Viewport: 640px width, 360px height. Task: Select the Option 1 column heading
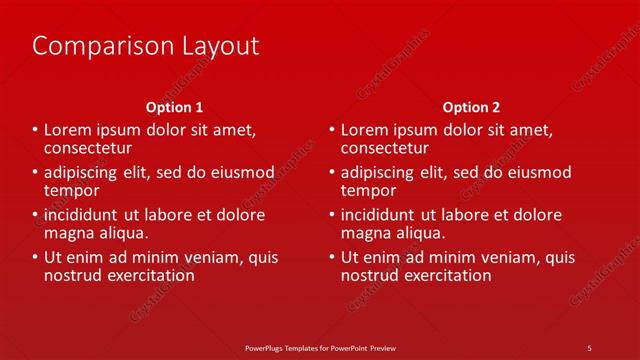[x=174, y=107]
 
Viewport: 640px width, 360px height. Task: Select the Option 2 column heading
[x=471, y=107]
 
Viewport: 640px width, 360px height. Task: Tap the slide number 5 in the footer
[x=589, y=347]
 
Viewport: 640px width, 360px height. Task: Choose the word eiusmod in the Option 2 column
[x=539, y=173]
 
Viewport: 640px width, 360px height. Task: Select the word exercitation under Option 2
[x=443, y=275]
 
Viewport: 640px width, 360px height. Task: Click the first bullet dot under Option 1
[x=35, y=130]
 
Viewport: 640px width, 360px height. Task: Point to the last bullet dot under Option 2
[x=332, y=258]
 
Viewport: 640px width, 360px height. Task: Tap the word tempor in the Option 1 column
[x=71, y=190]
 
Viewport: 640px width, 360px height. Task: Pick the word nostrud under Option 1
[x=72, y=275]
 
